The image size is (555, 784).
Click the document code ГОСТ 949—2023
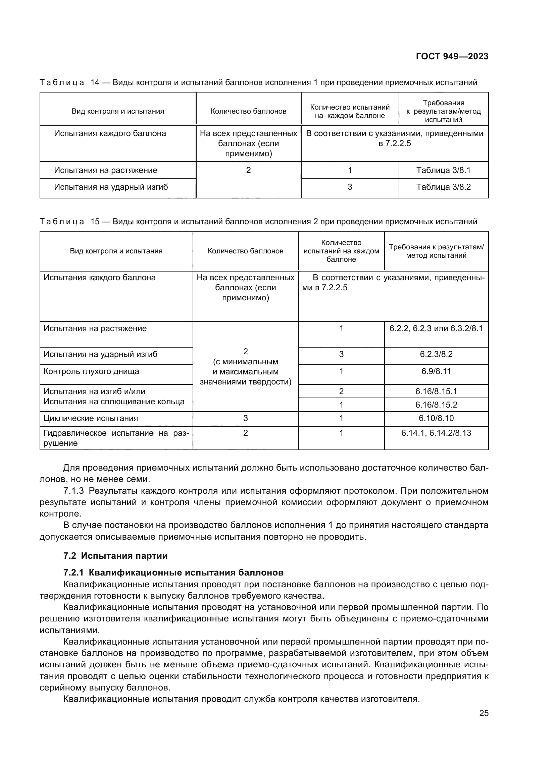452,56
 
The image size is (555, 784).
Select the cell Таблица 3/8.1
443,170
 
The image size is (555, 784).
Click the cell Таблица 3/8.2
443,187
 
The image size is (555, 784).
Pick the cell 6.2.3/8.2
436,354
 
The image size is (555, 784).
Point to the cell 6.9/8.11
436,371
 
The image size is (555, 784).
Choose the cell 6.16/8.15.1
436,391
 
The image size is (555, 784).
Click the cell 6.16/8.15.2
436,405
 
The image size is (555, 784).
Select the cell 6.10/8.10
436,418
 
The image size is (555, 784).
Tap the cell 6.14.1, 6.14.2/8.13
436,433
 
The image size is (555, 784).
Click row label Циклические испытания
91,418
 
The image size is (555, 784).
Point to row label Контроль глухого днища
91,371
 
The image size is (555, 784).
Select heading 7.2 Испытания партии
115,555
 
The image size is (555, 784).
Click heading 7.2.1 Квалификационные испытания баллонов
173,572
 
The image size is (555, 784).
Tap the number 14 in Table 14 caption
95,82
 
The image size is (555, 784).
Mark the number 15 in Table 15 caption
95,222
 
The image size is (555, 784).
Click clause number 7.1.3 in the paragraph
73,491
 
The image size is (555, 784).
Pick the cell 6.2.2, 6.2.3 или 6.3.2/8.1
436,328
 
